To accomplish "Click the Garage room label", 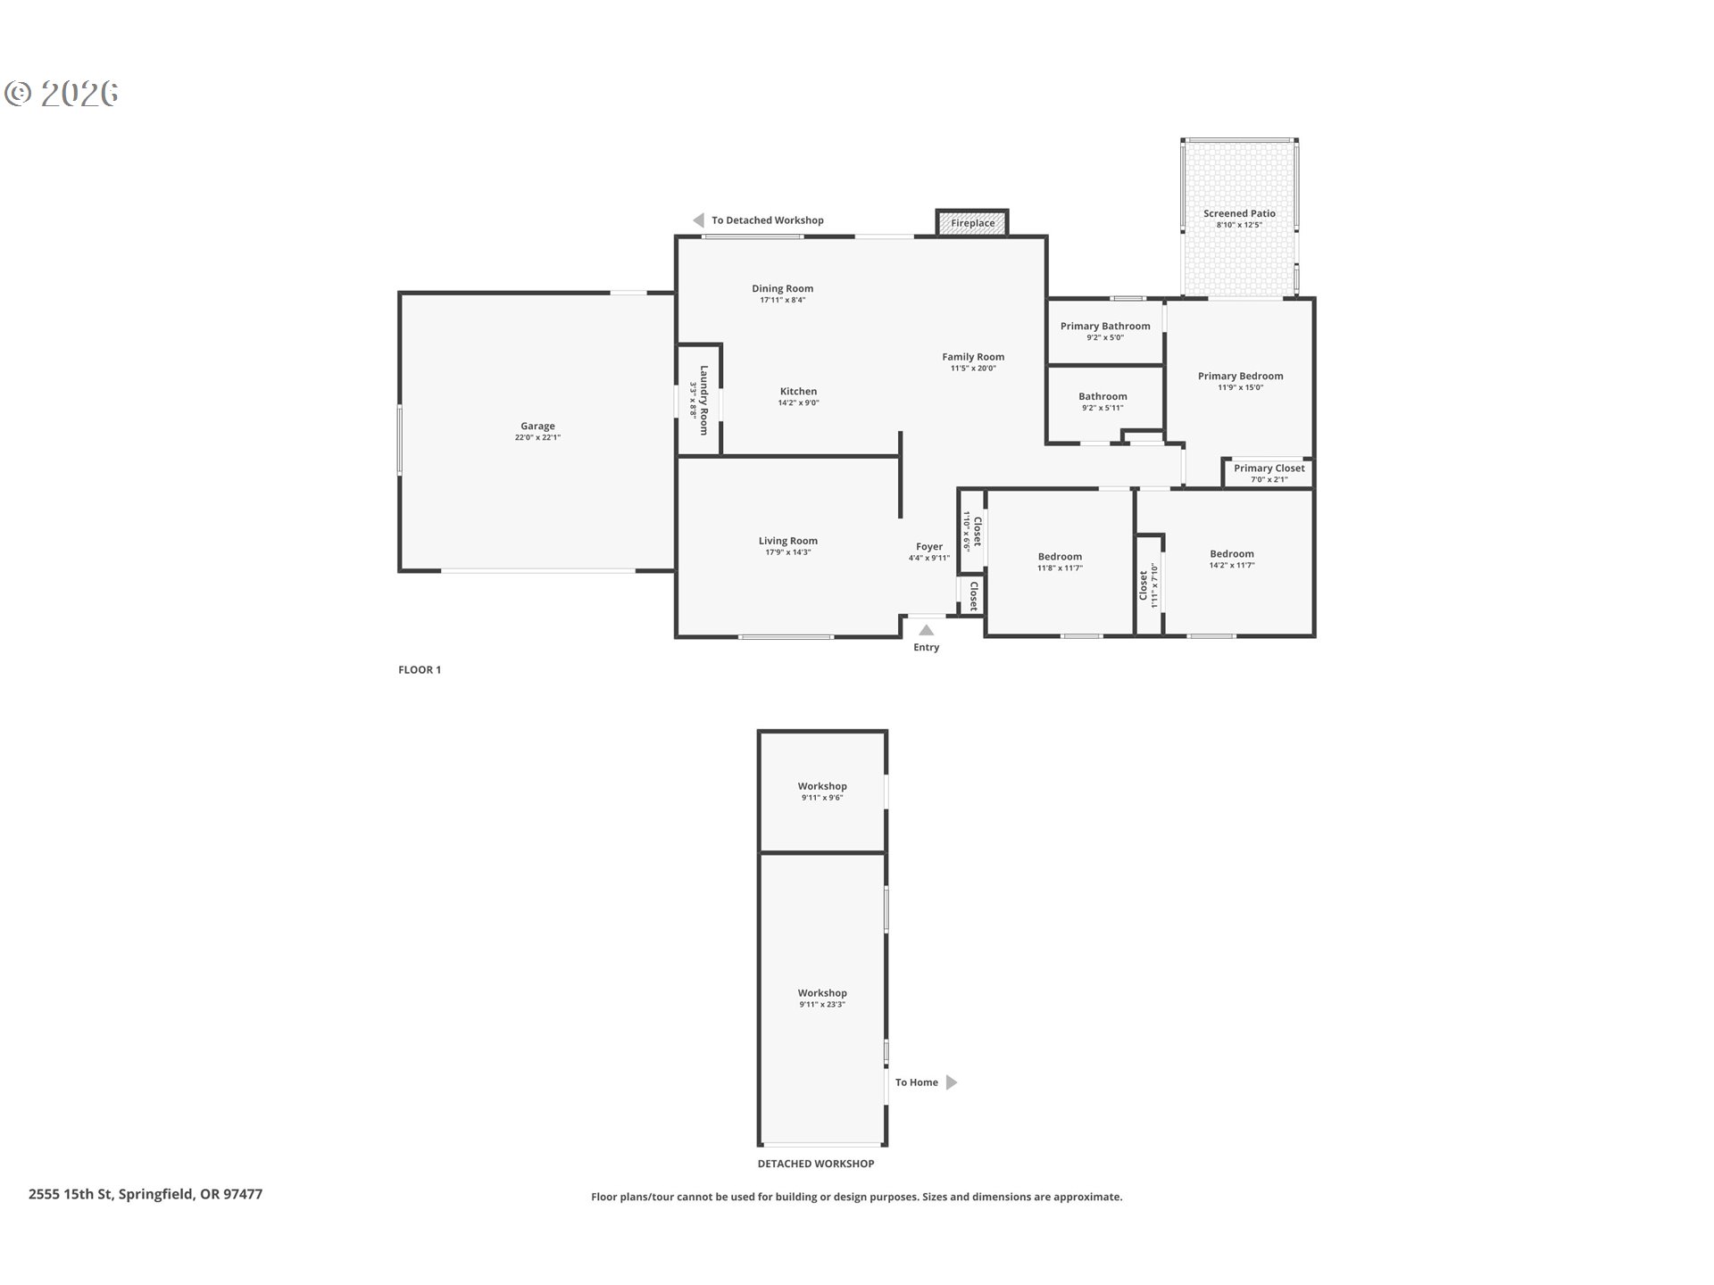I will click(x=537, y=427).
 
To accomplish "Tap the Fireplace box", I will click(x=972, y=223).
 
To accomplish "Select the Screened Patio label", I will click(x=1239, y=213).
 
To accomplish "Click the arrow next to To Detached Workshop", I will click(x=698, y=220).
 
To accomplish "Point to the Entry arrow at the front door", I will click(x=927, y=630).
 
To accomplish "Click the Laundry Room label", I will click(x=703, y=400).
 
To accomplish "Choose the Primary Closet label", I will click(x=1269, y=468).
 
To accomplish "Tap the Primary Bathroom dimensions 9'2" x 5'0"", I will click(x=1105, y=337).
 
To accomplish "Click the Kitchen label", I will click(x=798, y=391).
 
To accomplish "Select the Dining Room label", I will click(x=782, y=288).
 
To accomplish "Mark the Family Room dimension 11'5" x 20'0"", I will click(x=973, y=368).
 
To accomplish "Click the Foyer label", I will click(x=928, y=546).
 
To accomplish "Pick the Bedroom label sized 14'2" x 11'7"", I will click(x=1231, y=553).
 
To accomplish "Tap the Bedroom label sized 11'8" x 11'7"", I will click(x=1060, y=556).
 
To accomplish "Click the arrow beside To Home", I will click(x=952, y=1082).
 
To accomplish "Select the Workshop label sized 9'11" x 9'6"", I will click(x=822, y=786).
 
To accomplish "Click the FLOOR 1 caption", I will click(x=420, y=669).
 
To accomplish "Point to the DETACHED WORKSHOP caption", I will click(x=816, y=1164).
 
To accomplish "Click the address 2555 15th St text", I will click(x=146, y=1194).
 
